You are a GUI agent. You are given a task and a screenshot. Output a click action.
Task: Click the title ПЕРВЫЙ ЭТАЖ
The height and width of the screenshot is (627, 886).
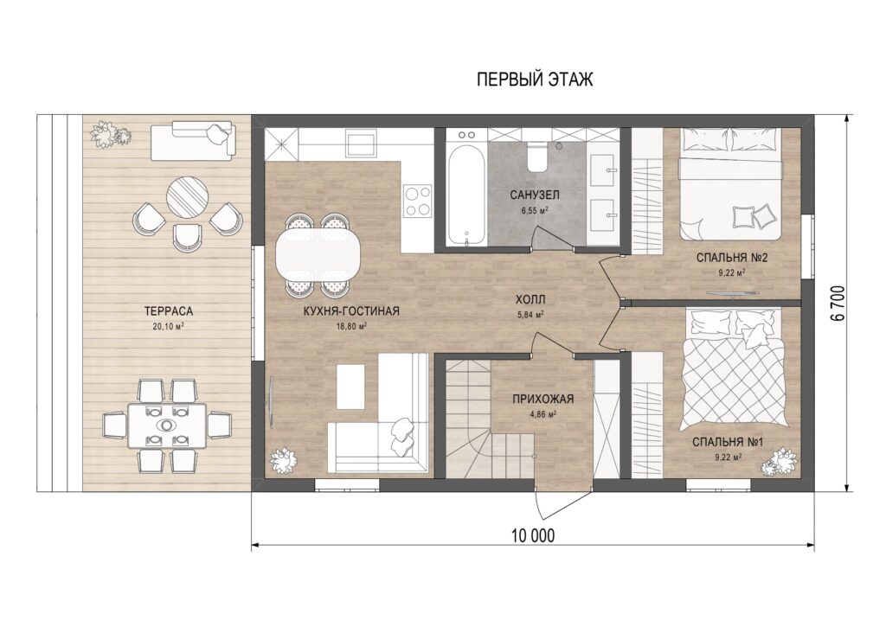(x=535, y=79)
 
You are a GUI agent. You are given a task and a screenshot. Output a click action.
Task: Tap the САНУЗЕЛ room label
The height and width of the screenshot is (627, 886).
(x=534, y=195)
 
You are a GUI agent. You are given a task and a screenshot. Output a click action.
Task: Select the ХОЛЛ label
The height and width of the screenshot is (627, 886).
(x=530, y=299)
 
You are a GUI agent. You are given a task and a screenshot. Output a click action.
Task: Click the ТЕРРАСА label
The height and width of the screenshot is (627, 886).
(x=169, y=311)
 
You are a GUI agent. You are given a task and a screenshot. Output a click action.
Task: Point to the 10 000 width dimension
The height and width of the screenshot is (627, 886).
(x=533, y=535)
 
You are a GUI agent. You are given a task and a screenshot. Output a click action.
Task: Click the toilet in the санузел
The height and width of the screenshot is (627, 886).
(x=536, y=156)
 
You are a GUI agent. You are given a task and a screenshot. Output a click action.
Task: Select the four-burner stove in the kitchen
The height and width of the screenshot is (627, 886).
(x=417, y=202)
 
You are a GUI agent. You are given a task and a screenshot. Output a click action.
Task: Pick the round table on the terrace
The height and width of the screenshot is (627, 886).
(x=188, y=196)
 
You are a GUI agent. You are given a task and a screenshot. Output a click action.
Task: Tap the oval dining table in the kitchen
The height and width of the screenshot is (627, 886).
(x=318, y=253)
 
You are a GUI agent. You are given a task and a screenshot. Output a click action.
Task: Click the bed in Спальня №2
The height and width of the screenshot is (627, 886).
(x=730, y=183)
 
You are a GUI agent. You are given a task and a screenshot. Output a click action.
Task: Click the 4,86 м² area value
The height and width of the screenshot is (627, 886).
(x=543, y=413)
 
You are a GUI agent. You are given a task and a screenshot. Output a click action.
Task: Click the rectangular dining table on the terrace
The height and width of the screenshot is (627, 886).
(x=167, y=425)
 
